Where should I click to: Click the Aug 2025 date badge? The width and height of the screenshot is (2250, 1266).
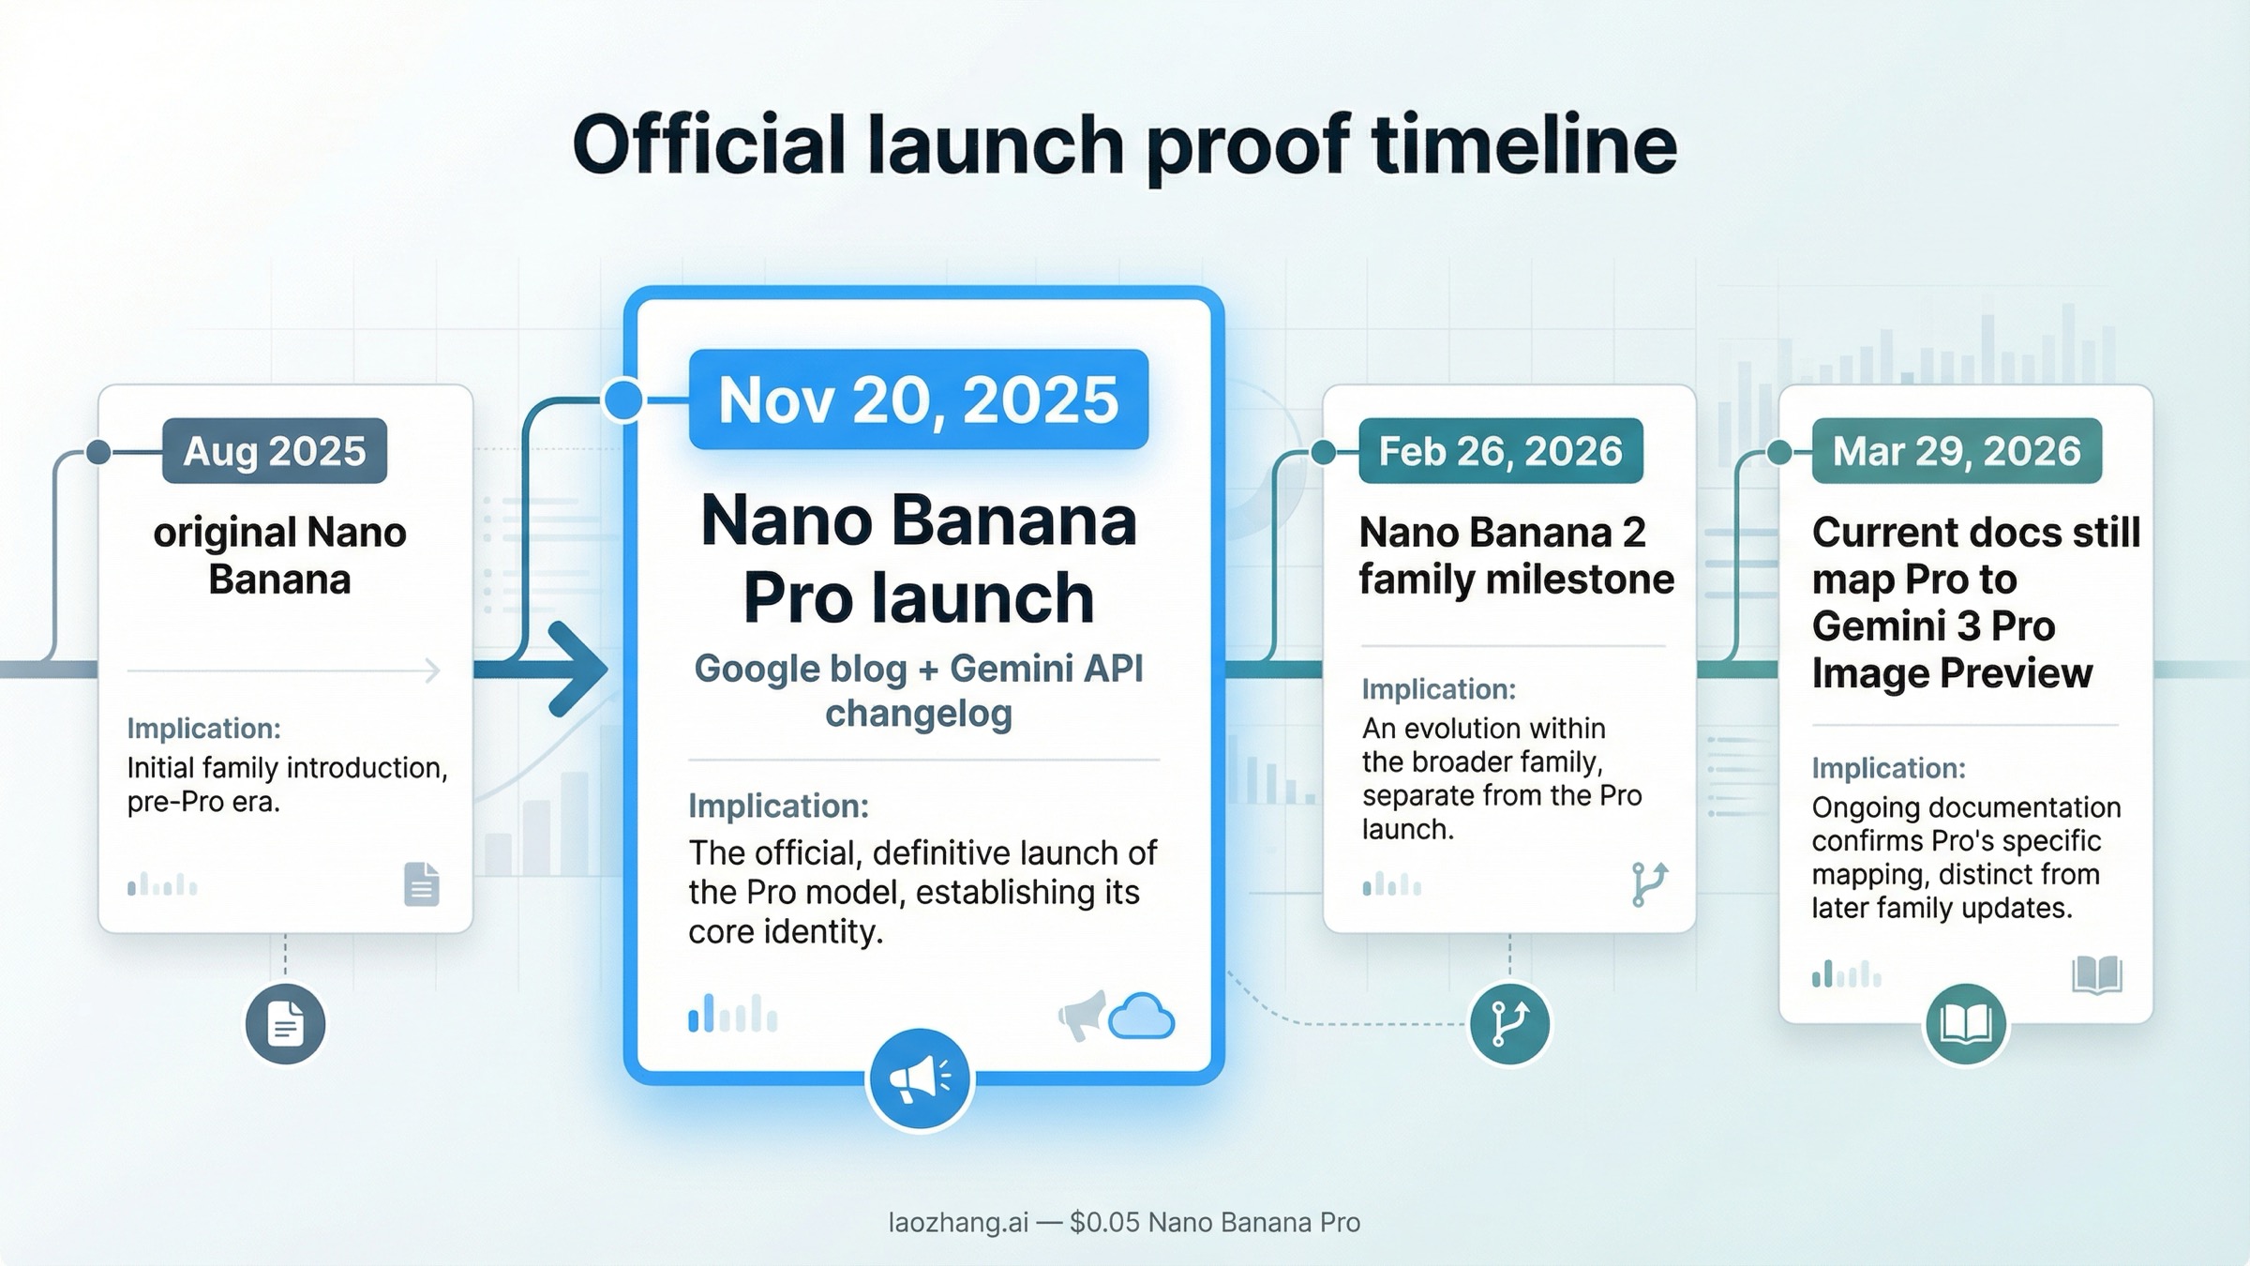274,451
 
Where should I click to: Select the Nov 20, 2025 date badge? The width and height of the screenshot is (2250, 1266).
918,400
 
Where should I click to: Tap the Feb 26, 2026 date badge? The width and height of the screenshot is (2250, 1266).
1500,451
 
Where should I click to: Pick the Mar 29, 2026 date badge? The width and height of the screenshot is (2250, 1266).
1957,451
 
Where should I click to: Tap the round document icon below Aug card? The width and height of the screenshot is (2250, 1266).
285,1023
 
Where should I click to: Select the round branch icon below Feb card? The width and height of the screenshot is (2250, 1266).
1508,1023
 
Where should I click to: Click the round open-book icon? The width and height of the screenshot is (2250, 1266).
1965,1024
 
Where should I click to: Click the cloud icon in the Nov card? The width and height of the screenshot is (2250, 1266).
1141,1017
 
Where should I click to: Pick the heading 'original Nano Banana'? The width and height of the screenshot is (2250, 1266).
279,555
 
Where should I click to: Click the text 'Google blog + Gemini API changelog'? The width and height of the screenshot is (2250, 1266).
918,691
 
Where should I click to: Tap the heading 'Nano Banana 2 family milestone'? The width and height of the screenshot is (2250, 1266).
1515,555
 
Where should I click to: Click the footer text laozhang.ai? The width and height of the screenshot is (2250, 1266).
957,1222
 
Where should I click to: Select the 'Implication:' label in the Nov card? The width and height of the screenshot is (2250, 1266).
778,806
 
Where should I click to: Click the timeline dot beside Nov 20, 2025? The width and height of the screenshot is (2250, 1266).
623,400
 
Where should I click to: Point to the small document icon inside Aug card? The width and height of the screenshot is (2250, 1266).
421,883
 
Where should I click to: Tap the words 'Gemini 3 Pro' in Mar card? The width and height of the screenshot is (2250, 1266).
1933,625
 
